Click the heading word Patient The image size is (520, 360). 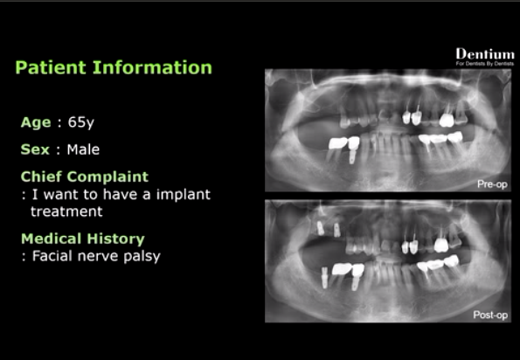pyautogui.click(x=51, y=67)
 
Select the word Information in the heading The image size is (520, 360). pyautogui.click(x=152, y=67)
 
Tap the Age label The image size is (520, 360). pyautogui.click(x=36, y=122)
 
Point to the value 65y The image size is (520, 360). pyautogui.click(x=81, y=122)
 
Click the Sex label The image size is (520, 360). pyautogui.click(x=35, y=149)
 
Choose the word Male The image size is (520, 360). pyautogui.click(x=83, y=149)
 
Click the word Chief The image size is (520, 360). pyautogui.click(x=41, y=177)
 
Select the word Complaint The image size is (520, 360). pyautogui.click(x=107, y=177)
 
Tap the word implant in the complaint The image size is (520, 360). pyautogui.click(x=183, y=195)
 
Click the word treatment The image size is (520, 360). pyautogui.click(x=66, y=211)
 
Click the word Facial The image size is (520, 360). pyautogui.click(x=52, y=256)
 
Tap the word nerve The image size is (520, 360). pyautogui.click(x=98, y=257)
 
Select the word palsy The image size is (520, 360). pyautogui.click(x=142, y=257)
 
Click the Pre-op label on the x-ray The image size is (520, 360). pyautogui.click(x=492, y=184)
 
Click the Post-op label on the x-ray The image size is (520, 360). pyautogui.click(x=490, y=315)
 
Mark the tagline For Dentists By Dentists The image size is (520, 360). pyautogui.click(x=485, y=63)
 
